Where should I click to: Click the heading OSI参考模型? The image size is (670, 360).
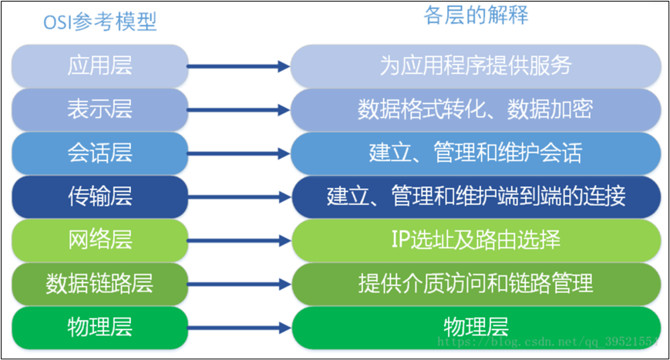click(x=100, y=22)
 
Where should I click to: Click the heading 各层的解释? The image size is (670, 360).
click(x=476, y=15)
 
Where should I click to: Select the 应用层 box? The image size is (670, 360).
click(x=100, y=66)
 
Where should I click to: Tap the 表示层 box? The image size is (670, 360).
click(x=100, y=109)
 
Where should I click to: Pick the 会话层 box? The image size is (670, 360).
click(x=100, y=153)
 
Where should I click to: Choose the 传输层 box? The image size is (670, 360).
click(x=100, y=197)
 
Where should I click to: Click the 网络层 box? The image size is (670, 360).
click(x=100, y=241)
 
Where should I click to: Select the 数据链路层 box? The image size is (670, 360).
click(x=100, y=284)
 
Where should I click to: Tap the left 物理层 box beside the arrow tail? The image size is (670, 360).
click(x=100, y=328)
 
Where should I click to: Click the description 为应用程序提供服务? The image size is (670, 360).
click(x=476, y=66)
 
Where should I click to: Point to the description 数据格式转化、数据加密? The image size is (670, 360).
click(x=476, y=109)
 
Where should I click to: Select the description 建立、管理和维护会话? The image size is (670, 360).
click(x=476, y=153)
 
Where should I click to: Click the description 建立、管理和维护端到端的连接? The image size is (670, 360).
click(x=476, y=197)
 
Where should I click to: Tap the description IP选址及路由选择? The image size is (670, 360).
click(x=476, y=241)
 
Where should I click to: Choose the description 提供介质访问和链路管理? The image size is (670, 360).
click(x=476, y=284)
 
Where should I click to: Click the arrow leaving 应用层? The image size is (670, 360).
click(x=239, y=66)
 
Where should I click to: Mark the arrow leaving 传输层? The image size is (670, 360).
click(x=239, y=197)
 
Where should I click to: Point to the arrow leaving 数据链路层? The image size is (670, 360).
click(x=239, y=284)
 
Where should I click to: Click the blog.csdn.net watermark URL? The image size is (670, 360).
click(x=547, y=341)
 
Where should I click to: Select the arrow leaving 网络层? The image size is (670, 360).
click(x=239, y=241)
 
